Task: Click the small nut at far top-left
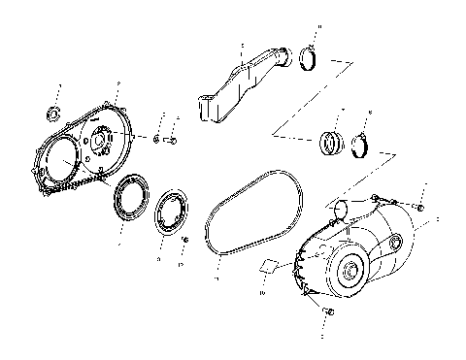pos(54,117)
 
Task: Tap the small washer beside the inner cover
pos(156,139)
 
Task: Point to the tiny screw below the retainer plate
pos(184,240)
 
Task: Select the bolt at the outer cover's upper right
pos(419,206)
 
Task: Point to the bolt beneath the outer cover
pos(326,311)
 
